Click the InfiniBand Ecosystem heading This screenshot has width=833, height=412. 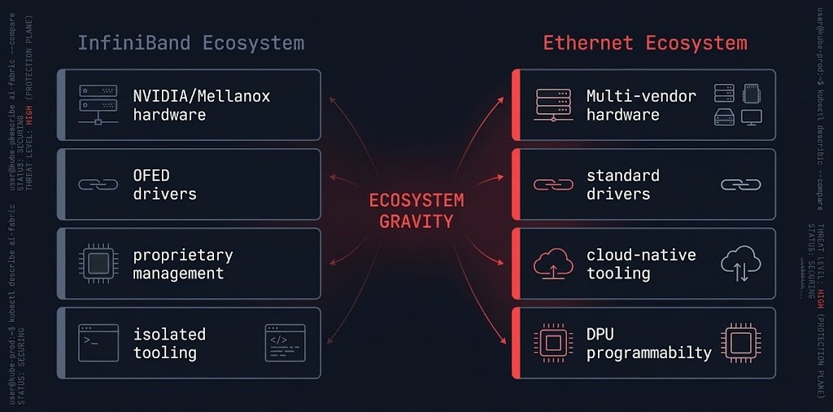(x=190, y=43)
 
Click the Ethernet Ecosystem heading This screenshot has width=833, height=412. (x=645, y=43)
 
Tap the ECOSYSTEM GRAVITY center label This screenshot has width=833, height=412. (x=416, y=210)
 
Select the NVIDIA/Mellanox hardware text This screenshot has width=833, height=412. (x=201, y=105)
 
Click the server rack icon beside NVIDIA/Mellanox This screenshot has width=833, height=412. (x=98, y=105)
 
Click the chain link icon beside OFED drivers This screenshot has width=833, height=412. (x=98, y=184)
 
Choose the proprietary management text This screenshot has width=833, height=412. (x=182, y=264)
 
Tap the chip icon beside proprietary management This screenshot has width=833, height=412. (x=98, y=263)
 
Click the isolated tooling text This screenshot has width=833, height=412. (x=169, y=343)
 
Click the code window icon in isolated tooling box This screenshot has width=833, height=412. (x=285, y=343)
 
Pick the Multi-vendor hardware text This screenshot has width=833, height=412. (x=641, y=105)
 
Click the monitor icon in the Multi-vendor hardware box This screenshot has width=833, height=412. (x=751, y=117)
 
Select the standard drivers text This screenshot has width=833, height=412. (x=622, y=184)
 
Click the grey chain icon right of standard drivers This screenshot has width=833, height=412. (x=740, y=184)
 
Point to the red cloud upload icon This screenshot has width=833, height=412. (x=553, y=264)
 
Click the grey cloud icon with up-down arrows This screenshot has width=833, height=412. (x=740, y=264)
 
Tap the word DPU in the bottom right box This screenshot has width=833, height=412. (x=601, y=334)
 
